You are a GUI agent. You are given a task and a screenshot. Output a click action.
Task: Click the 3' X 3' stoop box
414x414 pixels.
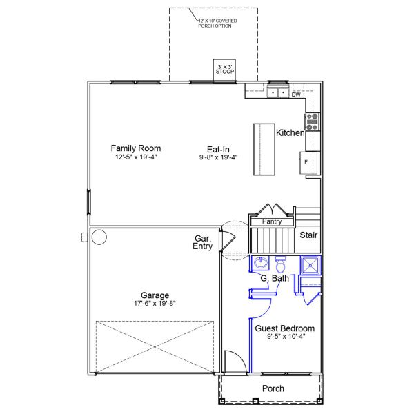224,70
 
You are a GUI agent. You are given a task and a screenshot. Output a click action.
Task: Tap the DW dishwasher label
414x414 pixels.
296,95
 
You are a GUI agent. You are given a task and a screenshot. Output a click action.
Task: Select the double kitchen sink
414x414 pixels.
278,92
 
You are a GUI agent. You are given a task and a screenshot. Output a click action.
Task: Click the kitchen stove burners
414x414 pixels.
312,122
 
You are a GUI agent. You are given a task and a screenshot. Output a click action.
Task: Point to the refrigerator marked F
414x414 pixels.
310,163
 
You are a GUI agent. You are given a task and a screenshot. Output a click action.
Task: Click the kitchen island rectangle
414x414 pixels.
264,149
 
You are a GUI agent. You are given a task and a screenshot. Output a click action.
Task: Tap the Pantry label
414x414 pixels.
272,221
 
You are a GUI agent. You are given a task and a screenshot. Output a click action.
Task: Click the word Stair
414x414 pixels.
308,235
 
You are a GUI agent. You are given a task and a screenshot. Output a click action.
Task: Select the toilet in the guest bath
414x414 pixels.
280,264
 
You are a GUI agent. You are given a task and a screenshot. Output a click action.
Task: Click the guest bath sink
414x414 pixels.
261,263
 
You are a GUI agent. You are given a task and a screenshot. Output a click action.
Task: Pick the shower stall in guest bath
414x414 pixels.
310,265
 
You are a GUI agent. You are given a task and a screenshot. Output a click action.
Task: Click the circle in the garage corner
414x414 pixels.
99,237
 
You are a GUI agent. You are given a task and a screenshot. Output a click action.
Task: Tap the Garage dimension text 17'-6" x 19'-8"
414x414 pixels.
155,303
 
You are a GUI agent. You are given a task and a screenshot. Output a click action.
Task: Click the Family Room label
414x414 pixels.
136,148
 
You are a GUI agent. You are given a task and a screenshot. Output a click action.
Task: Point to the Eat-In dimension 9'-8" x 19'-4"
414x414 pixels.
218,157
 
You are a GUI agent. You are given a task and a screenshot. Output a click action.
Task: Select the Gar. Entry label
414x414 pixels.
202,242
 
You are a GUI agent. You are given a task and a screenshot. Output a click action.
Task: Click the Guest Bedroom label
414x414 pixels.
284,328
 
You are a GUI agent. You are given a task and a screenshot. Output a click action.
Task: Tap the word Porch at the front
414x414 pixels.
273,388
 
